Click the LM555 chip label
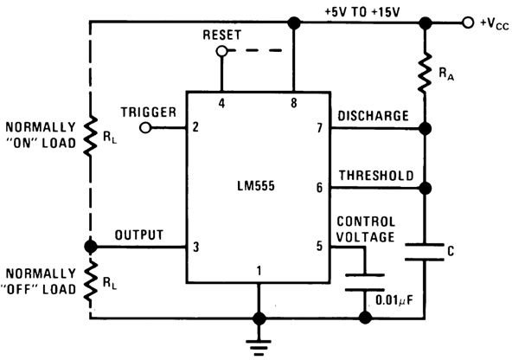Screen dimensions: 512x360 click(256, 186)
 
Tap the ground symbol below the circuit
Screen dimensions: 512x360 click(259, 347)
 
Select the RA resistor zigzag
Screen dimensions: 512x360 click(425, 73)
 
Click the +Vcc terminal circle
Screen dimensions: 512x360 click(468, 22)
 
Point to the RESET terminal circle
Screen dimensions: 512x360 click(221, 51)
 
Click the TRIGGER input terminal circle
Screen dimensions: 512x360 click(145, 127)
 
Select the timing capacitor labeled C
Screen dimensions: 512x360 click(425, 252)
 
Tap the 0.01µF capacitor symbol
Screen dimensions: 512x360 click(365, 282)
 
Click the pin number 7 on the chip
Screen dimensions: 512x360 click(320, 128)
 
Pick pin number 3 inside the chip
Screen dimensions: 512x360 click(196, 247)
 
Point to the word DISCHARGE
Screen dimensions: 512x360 click(373, 116)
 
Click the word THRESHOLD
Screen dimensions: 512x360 click(376, 176)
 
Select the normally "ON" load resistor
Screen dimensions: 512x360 click(91, 136)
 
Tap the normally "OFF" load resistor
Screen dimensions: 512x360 click(91, 281)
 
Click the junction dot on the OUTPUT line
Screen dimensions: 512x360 click(91, 247)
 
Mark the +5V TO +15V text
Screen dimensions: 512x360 click(362, 12)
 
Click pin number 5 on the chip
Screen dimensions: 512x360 click(319, 246)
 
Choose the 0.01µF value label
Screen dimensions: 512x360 click(394, 300)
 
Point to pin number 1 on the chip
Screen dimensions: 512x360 click(259, 271)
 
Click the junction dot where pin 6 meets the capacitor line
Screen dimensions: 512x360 click(425, 188)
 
